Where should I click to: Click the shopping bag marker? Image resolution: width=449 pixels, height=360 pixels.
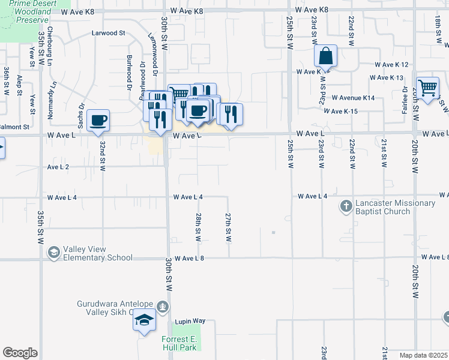325,57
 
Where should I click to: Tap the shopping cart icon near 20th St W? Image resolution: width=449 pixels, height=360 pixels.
427,88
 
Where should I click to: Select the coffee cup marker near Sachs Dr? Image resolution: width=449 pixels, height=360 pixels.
98,120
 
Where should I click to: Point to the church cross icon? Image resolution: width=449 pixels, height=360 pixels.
346,207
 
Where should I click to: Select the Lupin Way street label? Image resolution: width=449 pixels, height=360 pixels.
190,322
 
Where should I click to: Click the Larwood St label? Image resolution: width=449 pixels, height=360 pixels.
108,34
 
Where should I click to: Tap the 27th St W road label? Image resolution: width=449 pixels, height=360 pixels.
228,227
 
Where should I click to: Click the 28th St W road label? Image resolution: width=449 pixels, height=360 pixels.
197,227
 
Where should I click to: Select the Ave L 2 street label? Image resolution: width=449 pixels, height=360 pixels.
58,167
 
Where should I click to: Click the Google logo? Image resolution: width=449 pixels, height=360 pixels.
20,353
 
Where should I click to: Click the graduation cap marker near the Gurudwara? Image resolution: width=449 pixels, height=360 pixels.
144,321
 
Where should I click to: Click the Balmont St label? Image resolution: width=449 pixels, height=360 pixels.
14,127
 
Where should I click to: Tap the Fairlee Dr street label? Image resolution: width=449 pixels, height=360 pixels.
405,100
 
